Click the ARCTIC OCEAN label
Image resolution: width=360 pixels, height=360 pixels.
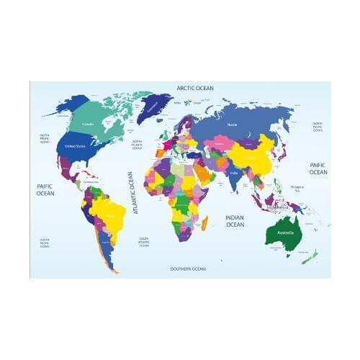coord(195,88)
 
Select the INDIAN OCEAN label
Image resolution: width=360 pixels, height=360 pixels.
coord(235,220)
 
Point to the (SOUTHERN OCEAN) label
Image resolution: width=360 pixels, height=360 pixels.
coord(188,269)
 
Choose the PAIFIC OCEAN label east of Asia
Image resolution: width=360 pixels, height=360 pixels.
coord(318,168)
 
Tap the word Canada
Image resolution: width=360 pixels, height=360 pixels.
coord(88,124)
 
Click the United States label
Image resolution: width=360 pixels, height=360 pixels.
coord(76,146)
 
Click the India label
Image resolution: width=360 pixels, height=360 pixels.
coord(234,173)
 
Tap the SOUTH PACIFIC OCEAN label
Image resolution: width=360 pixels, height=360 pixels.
coord(45,243)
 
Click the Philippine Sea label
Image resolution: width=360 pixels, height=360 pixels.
coord(297,189)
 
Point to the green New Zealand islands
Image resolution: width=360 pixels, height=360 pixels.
coord(308,255)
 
